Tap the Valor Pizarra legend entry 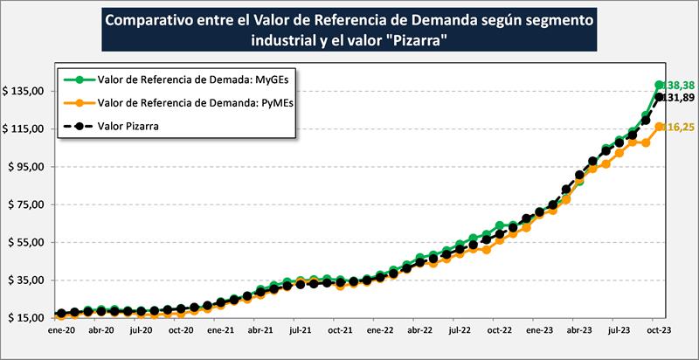[x=135, y=127]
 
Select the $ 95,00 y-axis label [x=28, y=166]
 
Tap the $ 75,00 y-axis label [x=28, y=204]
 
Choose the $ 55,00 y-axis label [x=28, y=242]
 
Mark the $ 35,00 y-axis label [x=28, y=280]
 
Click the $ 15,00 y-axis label [x=28, y=317]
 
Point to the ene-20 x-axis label [x=60, y=332]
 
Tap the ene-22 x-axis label [x=380, y=332]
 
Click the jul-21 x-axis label [x=300, y=332]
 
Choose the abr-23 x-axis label [x=580, y=332]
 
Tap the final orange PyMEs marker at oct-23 [x=660, y=127]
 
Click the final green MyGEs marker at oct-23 [x=660, y=85]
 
